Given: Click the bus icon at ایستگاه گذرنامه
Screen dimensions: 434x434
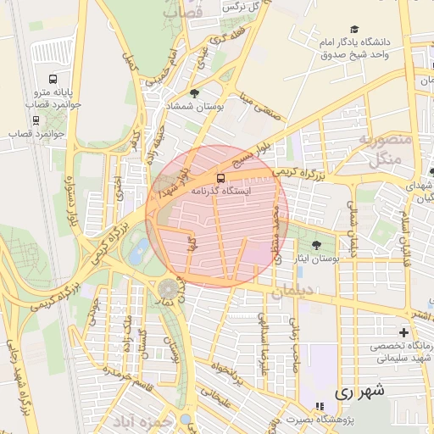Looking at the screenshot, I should coord(221,178).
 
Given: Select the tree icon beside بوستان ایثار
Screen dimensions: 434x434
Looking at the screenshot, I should coord(317,246).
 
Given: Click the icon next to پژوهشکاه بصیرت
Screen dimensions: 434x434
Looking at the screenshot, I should coord(320,407).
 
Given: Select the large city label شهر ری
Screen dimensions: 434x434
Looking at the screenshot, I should coord(359,392).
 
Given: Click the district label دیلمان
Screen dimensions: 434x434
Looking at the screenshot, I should coord(293,292).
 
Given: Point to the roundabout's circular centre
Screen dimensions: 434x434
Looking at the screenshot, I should coord(168,288).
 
